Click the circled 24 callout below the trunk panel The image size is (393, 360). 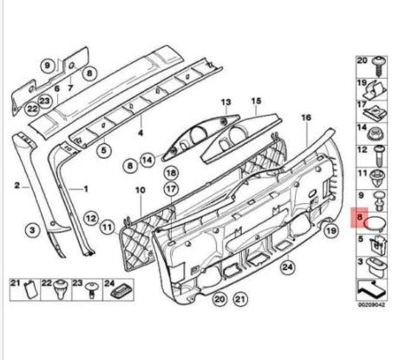pos(287,267)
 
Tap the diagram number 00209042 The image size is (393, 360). pos(372,304)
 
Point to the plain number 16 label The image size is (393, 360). pos(306,118)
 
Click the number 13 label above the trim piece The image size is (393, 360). pos(226,102)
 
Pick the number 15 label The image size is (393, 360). pos(256,101)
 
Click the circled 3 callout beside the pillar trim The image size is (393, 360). pos(32,231)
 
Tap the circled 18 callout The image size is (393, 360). pos(171,173)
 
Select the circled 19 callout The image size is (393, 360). pos(331,231)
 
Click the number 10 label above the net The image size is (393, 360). pos(141,190)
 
